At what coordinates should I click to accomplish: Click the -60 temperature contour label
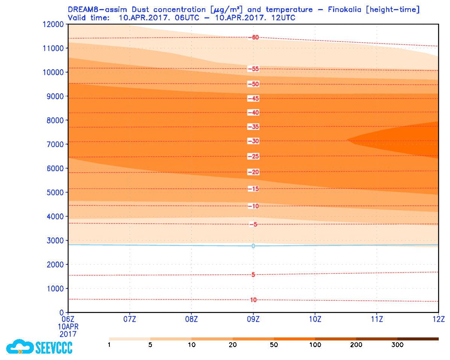(253, 37)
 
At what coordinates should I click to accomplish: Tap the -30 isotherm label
(253, 141)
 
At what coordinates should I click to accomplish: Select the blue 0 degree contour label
(253, 246)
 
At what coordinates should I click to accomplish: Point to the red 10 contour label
(253, 300)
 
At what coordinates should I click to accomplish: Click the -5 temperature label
(253, 225)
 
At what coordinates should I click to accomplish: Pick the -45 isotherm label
(253, 99)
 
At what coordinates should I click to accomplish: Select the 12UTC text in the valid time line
(285, 18)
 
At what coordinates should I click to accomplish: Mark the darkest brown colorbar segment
(418, 339)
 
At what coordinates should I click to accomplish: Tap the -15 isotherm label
(253, 189)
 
